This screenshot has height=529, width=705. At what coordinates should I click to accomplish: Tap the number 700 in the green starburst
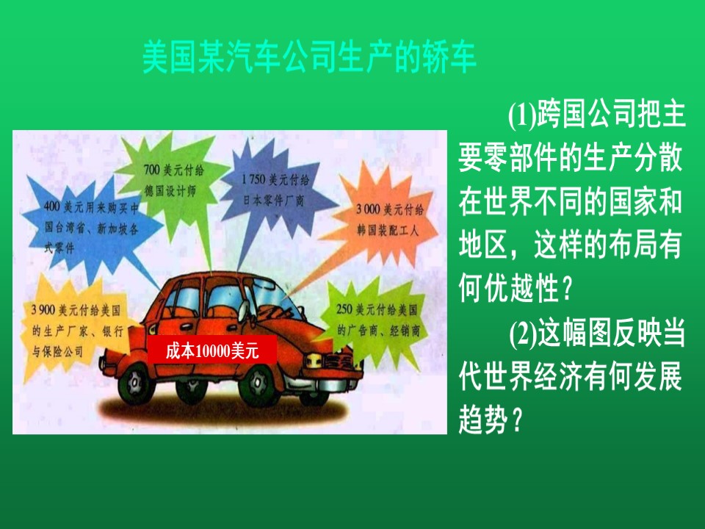click(151, 170)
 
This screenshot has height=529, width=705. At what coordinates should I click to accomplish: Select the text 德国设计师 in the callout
click(170, 190)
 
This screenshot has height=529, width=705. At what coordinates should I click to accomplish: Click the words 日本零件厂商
click(273, 199)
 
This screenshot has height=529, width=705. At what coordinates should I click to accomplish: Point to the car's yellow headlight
click(314, 359)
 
